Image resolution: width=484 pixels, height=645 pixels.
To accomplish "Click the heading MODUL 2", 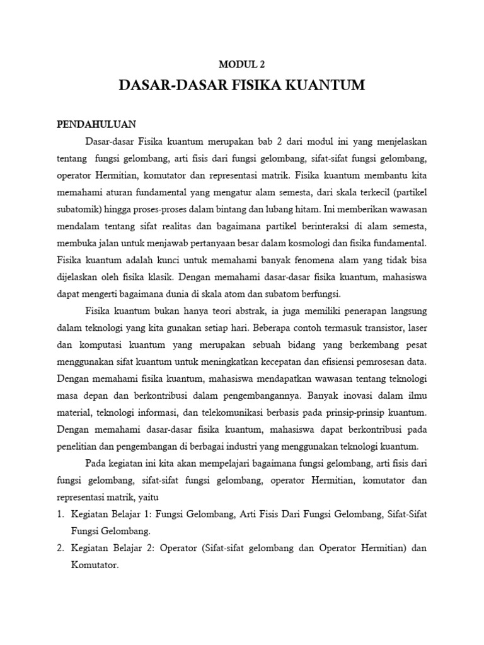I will pos(242,63).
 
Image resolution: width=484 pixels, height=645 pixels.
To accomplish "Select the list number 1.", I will pos(60,497).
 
